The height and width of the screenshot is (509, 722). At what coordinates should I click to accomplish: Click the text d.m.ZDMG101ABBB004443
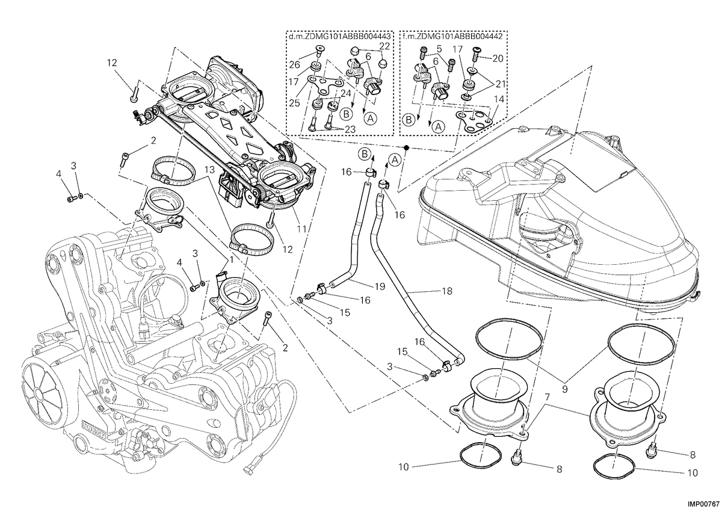tap(340, 37)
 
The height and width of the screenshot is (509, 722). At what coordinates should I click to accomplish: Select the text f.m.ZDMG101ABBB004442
tap(453, 37)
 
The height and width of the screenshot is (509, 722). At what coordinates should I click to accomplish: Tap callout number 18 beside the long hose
tap(447, 291)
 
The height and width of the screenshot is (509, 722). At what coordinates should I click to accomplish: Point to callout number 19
tap(380, 286)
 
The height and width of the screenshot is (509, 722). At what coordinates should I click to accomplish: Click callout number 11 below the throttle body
tap(301, 229)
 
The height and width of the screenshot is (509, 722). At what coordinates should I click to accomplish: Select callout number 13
tap(209, 170)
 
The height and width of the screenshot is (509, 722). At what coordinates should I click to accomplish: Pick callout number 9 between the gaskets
tap(564, 389)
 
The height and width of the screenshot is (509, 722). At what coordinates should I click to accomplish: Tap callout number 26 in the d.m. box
tap(294, 65)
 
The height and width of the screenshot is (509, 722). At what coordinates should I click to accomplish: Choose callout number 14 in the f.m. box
tap(499, 99)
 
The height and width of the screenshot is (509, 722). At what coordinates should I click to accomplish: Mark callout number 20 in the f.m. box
tap(498, 58)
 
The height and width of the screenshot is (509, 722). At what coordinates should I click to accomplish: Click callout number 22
tap(384, 46)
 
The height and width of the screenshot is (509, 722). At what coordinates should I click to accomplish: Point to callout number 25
tap(295, 103)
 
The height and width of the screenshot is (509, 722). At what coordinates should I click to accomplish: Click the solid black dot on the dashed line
tap(407, 147)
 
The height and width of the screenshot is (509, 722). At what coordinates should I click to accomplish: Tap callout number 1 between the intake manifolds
tap(231, 259)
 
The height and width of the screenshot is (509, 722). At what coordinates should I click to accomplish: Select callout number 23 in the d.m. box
tap(350, 129)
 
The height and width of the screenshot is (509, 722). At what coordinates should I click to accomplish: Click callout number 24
tap(345, 93)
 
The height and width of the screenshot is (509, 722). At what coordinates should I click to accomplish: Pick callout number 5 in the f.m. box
tap(439, 48)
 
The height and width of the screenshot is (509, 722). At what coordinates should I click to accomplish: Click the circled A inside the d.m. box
tap(371, 119)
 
